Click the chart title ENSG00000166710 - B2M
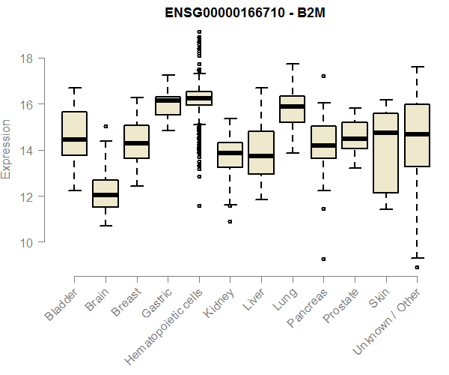click(x=230, y=13)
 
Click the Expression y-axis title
click(x=7, y=149)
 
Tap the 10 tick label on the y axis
click(x=28, y=242)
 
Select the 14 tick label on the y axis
click(x=28, y=150)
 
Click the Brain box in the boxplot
click(x=106, y=193)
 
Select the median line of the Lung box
click(x=292, y=106)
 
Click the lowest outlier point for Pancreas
click(x=323, y=259)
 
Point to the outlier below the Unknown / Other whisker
click(x=417, y=267)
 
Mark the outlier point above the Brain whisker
click(x=106, y=127)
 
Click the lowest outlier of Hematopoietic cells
click(x=199, y=205)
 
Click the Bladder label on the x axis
click(x=62, y=304)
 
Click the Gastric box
click(x=168, y=106)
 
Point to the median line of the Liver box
click(x=261, y=156)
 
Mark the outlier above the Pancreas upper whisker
click(x=323, y=76)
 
